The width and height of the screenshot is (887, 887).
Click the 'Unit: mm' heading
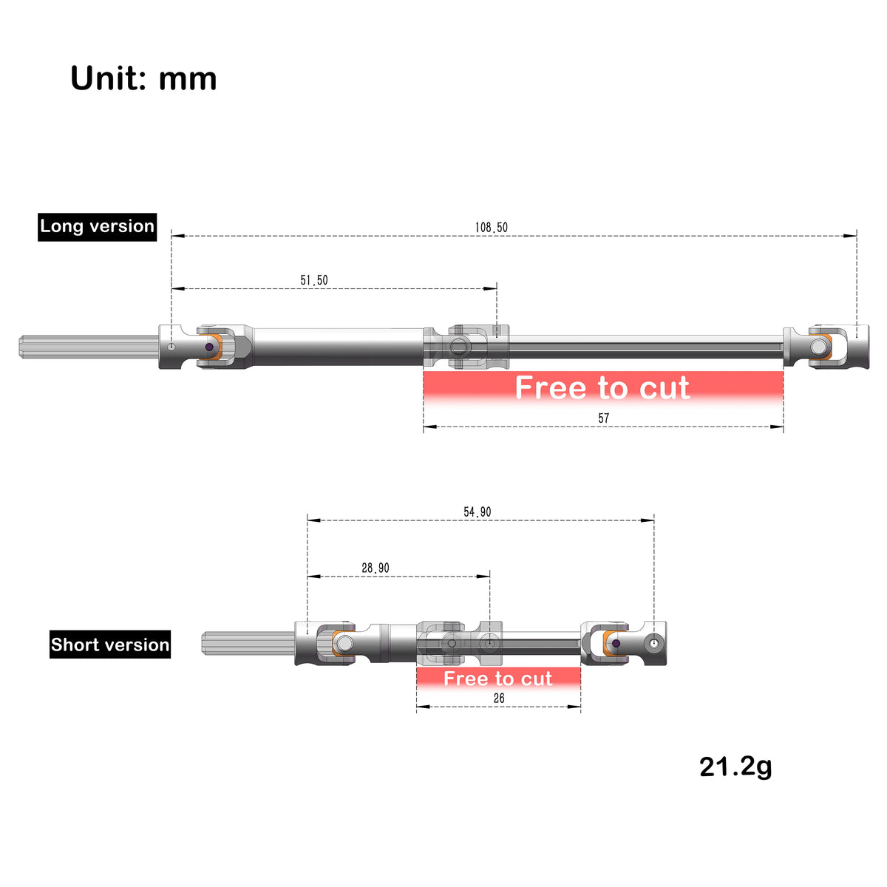(143, 78)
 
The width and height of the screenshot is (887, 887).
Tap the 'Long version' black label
(97, 226)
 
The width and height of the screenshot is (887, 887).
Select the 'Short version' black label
(110, 645)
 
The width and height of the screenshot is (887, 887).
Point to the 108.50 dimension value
(491, 228)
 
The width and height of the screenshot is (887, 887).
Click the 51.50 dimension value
(314, 280)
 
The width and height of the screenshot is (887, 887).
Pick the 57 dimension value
(603, 418)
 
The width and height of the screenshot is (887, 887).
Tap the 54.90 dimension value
(478, 512)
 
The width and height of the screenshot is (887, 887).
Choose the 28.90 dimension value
(375, 568)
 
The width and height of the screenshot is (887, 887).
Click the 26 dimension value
(499, 699)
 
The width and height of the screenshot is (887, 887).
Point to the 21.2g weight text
(735, 767)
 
